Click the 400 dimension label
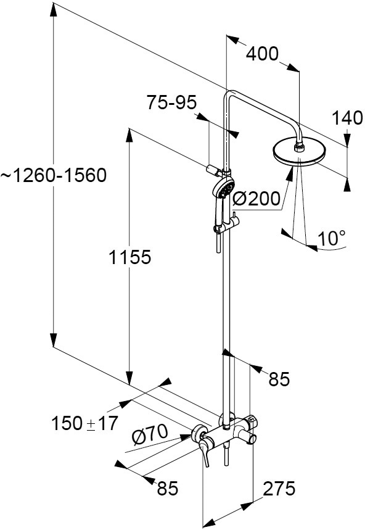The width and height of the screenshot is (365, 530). click(x=262, y=54)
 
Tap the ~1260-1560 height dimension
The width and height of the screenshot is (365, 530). click(x=54, y=175)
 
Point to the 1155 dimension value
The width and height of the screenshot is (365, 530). click(x=129, y=257)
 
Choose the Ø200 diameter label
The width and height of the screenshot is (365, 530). click(x=256, y=199)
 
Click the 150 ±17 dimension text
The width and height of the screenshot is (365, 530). click(x=84, y=423)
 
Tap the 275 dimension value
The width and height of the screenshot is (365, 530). click(x=279, y=488)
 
